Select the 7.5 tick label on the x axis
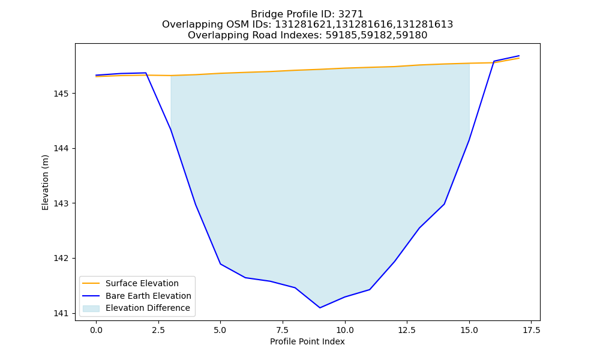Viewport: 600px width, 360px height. pos(283,330)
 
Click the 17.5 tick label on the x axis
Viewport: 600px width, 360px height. pos(532,330)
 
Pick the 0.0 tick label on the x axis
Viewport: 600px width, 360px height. pos(96,330)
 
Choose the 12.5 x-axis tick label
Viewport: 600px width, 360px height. pos(407,330)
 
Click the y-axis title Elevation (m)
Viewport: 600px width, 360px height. pos(45,182)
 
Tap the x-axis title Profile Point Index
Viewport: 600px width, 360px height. pos(307,341)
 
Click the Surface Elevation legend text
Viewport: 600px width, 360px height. pos(142,283)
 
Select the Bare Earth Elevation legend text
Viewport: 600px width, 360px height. pos(148,296)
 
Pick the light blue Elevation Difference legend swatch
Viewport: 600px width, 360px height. pos(91,308)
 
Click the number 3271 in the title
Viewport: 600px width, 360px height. pos(350,14)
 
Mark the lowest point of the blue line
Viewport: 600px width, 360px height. pos(320,308)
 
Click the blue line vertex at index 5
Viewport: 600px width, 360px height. pos(220,264)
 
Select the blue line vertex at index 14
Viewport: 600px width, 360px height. pos(444,204)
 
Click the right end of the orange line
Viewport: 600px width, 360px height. pos(519,58)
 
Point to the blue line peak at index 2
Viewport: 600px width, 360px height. pos(146,73)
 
